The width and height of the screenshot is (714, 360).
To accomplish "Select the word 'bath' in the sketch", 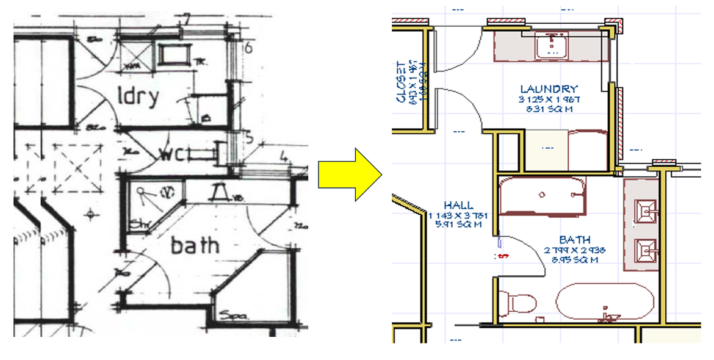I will tap(195, 245).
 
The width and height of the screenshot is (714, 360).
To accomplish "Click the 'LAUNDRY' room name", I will tap(549, 89).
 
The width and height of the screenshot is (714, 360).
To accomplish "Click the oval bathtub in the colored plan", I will tap(605, 302).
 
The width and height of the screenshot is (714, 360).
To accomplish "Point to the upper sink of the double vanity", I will tap(645, 211).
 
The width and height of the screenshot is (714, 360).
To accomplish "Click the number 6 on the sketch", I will tap(248, 48).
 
